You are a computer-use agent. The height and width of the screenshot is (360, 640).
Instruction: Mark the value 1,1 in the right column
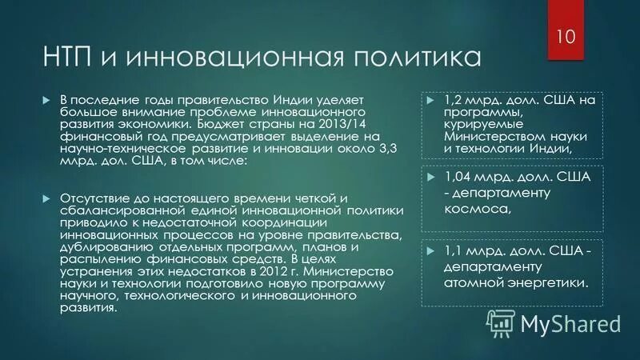pyautogui.click(x=454, y=251)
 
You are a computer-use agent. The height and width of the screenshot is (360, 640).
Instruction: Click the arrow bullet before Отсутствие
pyautogui.click(x=46, y=198)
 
